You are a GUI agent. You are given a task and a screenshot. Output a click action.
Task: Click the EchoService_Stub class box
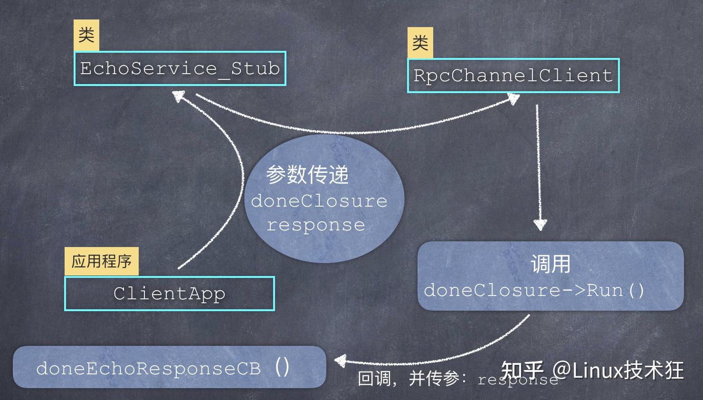click(x=180, y=68)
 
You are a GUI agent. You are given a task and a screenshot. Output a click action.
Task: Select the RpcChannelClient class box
click(x=513, y=76)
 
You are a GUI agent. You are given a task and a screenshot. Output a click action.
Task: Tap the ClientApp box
click(x=169, y=294)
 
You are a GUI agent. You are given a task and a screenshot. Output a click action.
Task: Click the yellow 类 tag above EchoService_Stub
click(x=86, y=35)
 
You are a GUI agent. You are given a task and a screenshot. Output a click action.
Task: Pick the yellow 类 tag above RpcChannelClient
click(x=420, y=43)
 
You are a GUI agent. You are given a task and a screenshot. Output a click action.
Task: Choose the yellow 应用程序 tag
click(x=101, y=261)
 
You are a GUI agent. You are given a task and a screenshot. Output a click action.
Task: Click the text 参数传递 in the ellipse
click(x=307, y=175)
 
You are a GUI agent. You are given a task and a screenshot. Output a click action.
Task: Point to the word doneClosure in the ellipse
click(x=319, y=200)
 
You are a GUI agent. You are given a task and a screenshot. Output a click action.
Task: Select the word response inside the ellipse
click(x=315, y=225)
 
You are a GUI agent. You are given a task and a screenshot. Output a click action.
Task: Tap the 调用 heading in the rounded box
click(x=551, y=264)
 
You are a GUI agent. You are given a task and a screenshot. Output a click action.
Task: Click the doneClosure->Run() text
click(x=534, y=290)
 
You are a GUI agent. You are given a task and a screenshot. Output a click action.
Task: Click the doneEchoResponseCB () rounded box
click(x=169, y=367)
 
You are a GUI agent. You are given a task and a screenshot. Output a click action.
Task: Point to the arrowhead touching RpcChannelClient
click(x=513, y=99)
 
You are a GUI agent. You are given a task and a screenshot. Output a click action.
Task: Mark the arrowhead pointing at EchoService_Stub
click(x=178, y=96)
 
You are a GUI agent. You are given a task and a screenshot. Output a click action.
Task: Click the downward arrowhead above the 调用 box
click(x=540, y=224)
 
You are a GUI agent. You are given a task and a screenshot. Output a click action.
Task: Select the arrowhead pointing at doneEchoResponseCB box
click(x=340, y=361)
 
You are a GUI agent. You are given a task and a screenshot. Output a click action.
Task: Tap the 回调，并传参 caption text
click(x=408, y=379)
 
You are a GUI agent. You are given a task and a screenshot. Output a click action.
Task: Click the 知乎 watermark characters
click(x=522, y=370)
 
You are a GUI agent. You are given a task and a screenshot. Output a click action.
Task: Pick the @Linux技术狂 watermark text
click(x=617, y=370)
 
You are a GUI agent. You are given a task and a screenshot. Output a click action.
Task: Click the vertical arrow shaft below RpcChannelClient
click(x=538, y=162)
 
